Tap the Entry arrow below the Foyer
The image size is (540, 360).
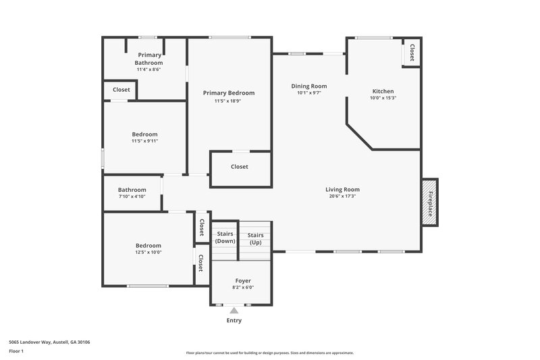pyautogui.click(x=234, y=310)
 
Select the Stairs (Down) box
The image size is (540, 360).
pyautogui.click(x=225, y=237)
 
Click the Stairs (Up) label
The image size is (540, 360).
pyautogui.click(x=255, y=238)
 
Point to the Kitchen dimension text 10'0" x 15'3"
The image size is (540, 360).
pyautogui.click(x=383, y=99)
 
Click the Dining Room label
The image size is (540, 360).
pyautogui.click(x=308, y=86)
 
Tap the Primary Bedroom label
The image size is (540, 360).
pyautogui.click(x=229, y=93)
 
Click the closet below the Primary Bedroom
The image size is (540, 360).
pyautogui.click(x=240, y=167)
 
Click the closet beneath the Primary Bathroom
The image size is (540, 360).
pyautogui.click(x=122, y=90)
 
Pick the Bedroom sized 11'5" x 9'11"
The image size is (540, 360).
pyautogui.click(x=144, y=138)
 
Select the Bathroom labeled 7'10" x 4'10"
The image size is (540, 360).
pyautogui.click(x=132, y=193)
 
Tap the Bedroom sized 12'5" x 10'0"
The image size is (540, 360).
pyautogui.click(x=148, y=249)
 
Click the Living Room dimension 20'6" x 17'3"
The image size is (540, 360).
pyautogui.click(x=342, y=197)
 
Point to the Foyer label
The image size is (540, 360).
pyautogui.click(x=243, y=280)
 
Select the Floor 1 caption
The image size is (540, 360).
pyautogui.click(x=16, y=352)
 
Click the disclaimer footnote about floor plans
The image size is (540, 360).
pyautogui.click(x=269, y=353)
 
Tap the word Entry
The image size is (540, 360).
pyautogui.click(x=234, y=320)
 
